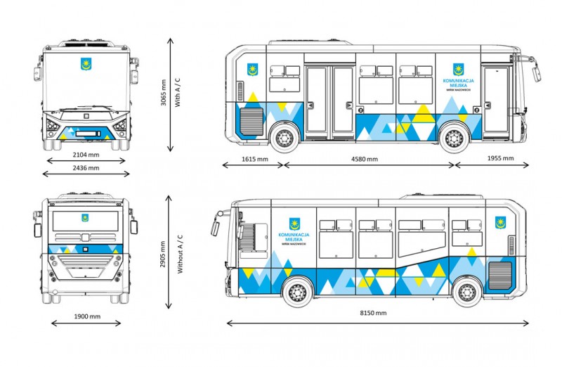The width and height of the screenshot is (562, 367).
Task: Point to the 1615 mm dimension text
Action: tap(254, 159)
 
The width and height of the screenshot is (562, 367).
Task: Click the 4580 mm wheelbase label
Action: tap(365, 159)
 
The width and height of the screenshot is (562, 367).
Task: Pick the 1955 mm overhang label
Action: tap(499, 159)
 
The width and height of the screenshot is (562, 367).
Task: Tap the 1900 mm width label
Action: tap(86, 316)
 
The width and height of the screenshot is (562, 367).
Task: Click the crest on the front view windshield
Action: tap(86, 65)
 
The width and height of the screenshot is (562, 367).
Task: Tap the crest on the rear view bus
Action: tap(85, 218)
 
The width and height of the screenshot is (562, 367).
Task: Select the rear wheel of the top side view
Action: tap(283, 138)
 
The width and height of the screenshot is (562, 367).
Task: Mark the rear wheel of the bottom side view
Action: tap(466, 291)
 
